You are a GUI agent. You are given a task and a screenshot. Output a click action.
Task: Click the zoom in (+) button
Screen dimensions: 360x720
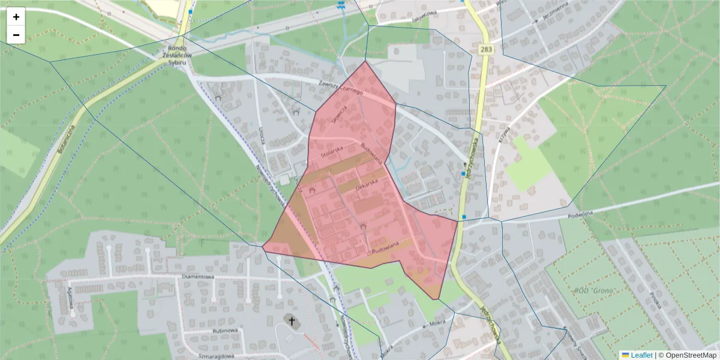tap(16, 17)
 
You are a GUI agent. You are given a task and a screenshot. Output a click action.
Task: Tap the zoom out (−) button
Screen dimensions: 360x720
tap(16, 35)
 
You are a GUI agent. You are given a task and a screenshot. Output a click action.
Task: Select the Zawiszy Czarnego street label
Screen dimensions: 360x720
tap(343, 88)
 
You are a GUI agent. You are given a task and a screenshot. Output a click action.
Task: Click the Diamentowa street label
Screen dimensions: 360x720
tap(198, 277)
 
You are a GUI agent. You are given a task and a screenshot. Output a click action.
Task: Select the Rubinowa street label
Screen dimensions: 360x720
tap(225, 330)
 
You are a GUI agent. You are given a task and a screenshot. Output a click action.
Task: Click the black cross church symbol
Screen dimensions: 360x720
tap(293, 322)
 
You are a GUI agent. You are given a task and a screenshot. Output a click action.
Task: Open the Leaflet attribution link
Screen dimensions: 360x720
tap(641, 355)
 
